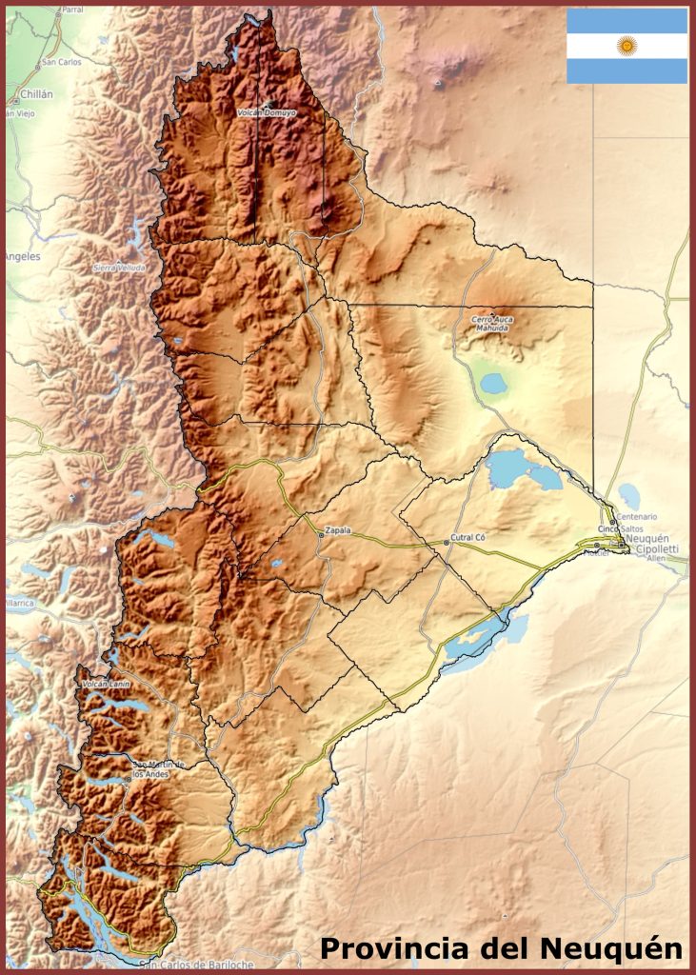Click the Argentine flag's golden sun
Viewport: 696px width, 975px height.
point(626,46)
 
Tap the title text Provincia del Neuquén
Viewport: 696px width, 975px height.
point(501,948)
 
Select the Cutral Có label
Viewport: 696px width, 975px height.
point(468,538)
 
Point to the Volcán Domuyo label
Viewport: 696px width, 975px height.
point(266,112)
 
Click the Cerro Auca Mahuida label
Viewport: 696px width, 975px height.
point(492,324)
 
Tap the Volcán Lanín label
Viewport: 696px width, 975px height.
point(106,684)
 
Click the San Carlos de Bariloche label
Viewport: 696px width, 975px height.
point(196,965)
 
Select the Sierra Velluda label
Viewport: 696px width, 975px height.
point(119,268)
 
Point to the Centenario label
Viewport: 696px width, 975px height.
point(636,517)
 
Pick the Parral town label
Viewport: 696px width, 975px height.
point(71,10)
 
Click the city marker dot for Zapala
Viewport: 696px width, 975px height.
point(321,535)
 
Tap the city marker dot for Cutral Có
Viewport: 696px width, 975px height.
point(446,543)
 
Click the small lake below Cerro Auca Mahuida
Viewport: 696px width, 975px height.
point(493,383)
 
